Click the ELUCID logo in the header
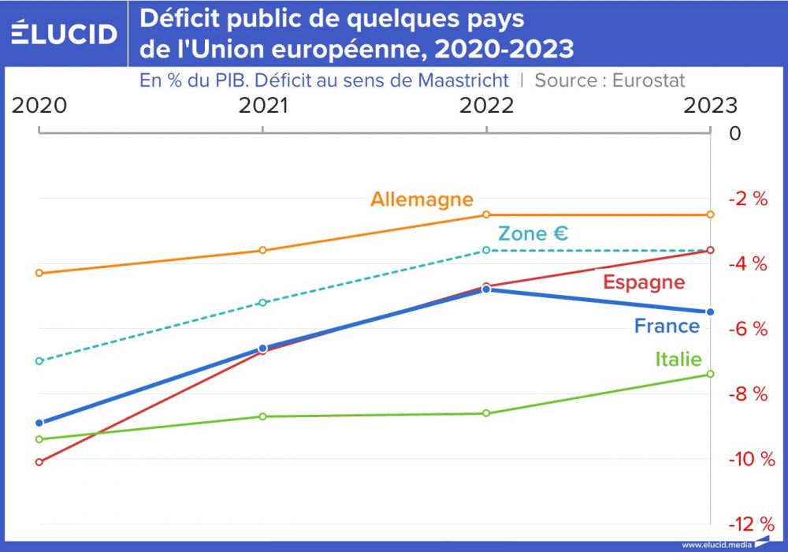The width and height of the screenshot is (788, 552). click(64, 33)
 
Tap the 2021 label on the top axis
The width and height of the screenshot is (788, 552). click(263, 106)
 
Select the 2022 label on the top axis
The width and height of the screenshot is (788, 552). click(486, 106)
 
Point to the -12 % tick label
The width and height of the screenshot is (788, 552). click(750, 524)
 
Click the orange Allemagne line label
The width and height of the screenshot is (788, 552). click(422, 199)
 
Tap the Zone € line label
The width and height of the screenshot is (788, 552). click(533, 233)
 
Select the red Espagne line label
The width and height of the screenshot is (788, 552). click(644, 282)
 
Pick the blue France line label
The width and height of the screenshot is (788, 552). click(667, 326)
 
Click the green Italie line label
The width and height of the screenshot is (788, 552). click(678, 359)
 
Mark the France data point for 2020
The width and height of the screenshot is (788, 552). click(39, 423)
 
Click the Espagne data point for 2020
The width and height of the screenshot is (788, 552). click(39, 462)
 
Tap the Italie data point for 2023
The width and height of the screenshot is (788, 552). click(710, 374)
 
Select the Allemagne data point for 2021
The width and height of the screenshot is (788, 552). click(263, 251)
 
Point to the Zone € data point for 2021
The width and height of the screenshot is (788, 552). click(263, 303)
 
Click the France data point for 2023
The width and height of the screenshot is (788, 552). click(710, 312)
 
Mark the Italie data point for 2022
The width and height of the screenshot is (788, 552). click(486, 413)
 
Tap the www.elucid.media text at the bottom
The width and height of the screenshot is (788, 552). click(716, 545)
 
